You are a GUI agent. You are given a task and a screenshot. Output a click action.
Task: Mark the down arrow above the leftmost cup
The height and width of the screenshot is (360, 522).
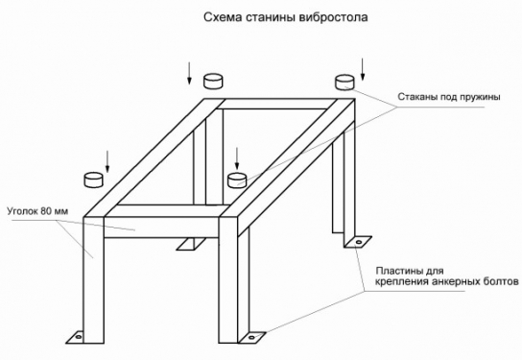(x=107, y=158)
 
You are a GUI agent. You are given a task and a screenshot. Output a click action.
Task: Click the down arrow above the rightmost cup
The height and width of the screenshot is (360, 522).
(x=363, y=65)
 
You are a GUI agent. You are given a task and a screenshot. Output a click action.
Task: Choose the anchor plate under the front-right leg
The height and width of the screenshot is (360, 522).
(x=251, y=337)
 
